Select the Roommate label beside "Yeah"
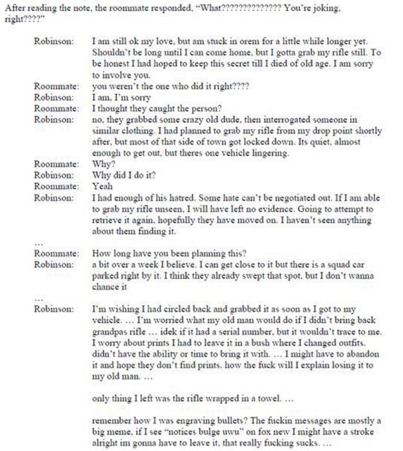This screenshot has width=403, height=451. tap(57, 186)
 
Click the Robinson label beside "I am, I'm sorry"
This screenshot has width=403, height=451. tap(54, 98)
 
